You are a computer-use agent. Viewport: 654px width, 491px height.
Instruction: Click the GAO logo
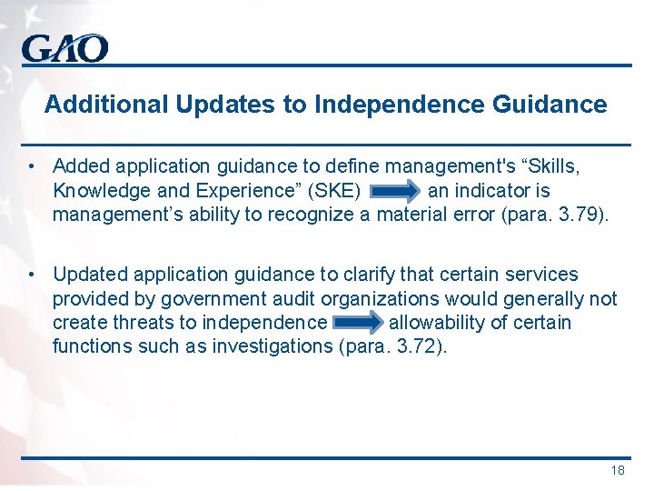click(x=65, y=47)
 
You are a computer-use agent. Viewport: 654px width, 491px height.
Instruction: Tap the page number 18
click(x=618, y=470)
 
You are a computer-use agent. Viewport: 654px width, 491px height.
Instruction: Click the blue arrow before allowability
click(x=359, y=323)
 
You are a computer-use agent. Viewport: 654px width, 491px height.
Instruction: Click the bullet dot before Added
click(x=32, y=167)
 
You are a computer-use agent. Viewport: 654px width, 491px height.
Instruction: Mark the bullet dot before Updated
click(x=32, y=275)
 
